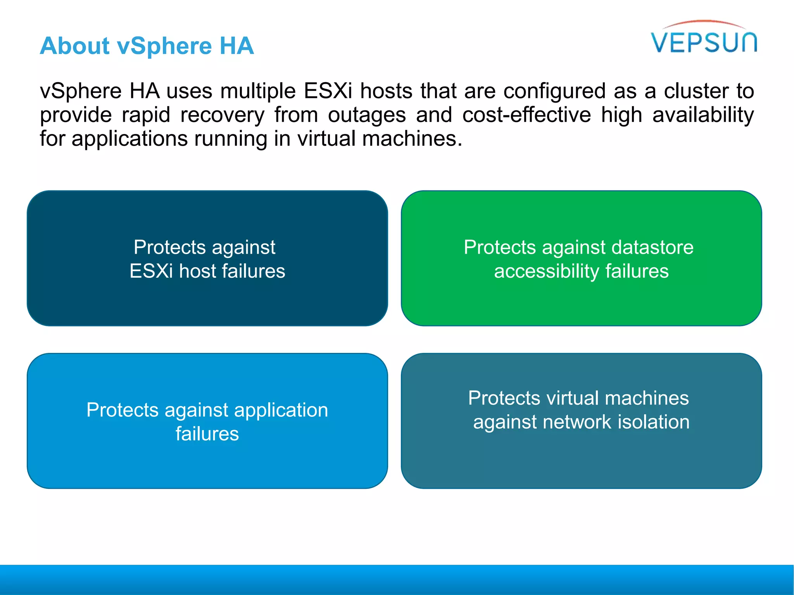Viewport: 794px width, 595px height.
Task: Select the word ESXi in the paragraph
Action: (328, 91)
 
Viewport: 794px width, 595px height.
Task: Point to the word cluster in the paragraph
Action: (696, 91)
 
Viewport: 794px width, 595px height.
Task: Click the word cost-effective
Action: (526, 115)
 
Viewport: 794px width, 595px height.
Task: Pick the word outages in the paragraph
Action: (367, 115)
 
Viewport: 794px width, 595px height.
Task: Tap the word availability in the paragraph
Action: (703, 115)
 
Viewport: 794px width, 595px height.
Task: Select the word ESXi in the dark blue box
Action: (151, 271)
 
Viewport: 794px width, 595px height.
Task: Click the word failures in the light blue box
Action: (207, 433)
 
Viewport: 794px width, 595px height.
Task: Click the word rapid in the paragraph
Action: (146, 115)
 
